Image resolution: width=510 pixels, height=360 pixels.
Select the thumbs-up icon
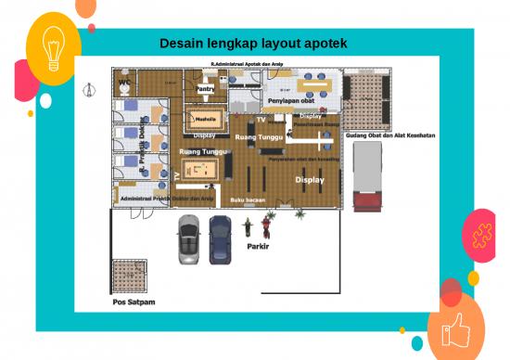pyautogui.click(x=455, y=328)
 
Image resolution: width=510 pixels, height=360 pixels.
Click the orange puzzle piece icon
pyautogui.click(x=480, y=234)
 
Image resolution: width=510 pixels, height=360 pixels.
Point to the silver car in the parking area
pyautogui.click(x=189, y=239)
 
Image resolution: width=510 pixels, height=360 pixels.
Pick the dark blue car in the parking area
pyautogui.click(x=220, y=238)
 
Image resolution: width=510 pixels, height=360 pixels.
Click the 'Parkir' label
pyautogui.click(x=258, y=248)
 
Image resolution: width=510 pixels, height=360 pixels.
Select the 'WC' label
pyautogui.click(x=124, y=82)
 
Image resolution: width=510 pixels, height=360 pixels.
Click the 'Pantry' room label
pyautogui.click(x=205, y=89)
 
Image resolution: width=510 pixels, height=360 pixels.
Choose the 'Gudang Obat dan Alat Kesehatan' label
pyautogui.click(x=390, y=135)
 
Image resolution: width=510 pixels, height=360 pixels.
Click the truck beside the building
pyautogui.click(x=368, y=176)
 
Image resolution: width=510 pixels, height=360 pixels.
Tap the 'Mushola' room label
pyautogui.click(x=205, y=119)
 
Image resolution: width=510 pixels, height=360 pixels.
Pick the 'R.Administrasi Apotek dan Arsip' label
pyautogui.click(x=248, y=63)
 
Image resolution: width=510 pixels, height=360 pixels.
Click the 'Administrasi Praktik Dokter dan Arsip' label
pyautogui.click(x=168, y=199)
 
